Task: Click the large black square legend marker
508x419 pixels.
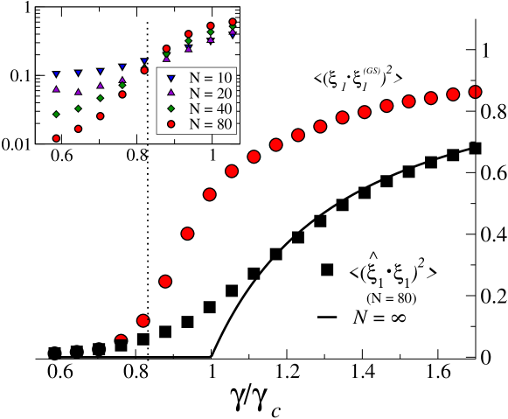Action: [x=328, y=269]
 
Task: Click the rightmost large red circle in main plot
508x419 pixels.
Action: [x=476, y=92]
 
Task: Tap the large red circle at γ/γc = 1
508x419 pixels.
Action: [x=210, y=195]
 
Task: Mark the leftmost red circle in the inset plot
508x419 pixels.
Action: [x=57, y=138]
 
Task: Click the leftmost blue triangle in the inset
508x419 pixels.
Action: [x=57, y=74]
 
